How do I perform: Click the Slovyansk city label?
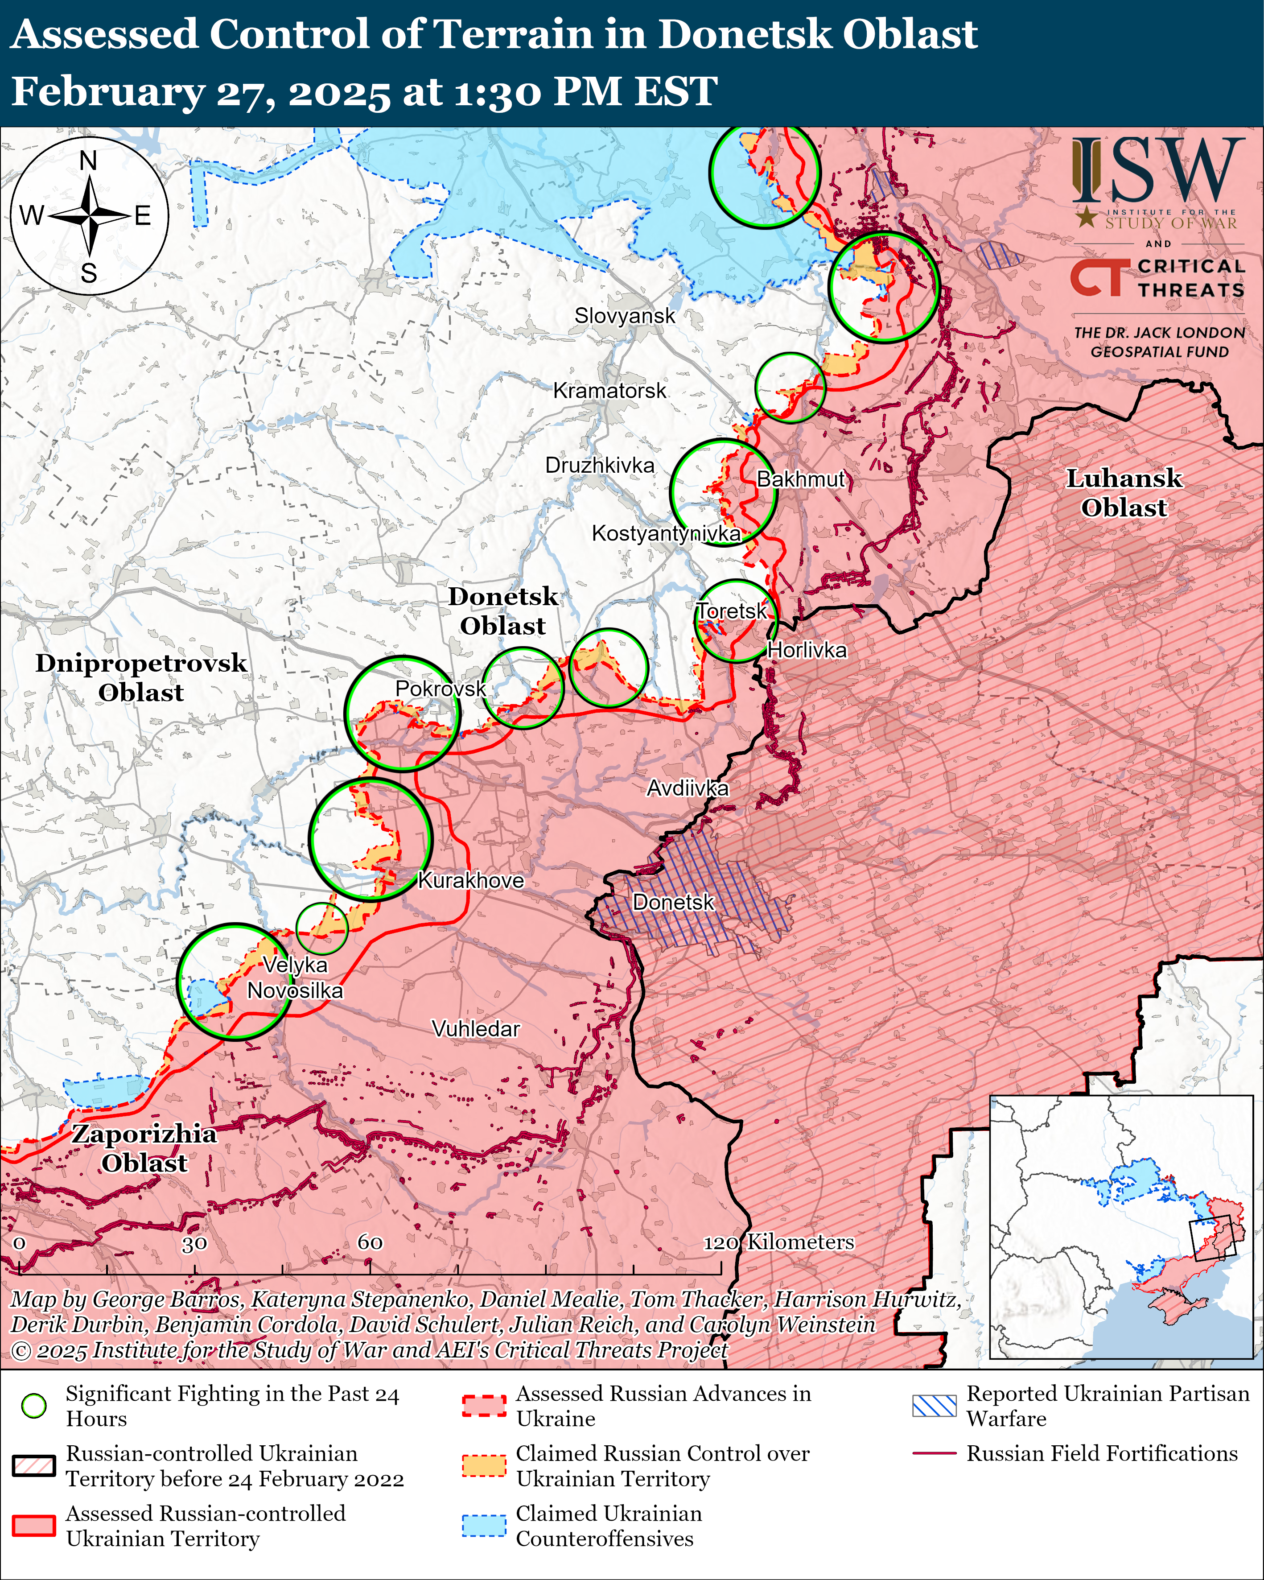click(624, 316)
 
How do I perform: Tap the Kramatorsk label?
click(609, 391)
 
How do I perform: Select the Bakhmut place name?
click(800, 479)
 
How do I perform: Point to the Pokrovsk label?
click(441, 688)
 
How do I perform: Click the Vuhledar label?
click(476, 1029)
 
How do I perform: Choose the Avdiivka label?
click(688, 788)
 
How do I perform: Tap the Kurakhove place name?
click(470, 880)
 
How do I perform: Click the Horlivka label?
click(806, 650)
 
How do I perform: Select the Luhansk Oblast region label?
click(1123, 492)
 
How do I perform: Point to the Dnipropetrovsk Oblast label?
click(141, 677)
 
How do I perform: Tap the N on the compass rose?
click(89, 161)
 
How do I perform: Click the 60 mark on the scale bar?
click(370, 1242)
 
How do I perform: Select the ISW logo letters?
click(1158, 170)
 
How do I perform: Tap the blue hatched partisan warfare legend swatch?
click(934, 1405)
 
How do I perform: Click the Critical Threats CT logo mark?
click(1097, 278)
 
